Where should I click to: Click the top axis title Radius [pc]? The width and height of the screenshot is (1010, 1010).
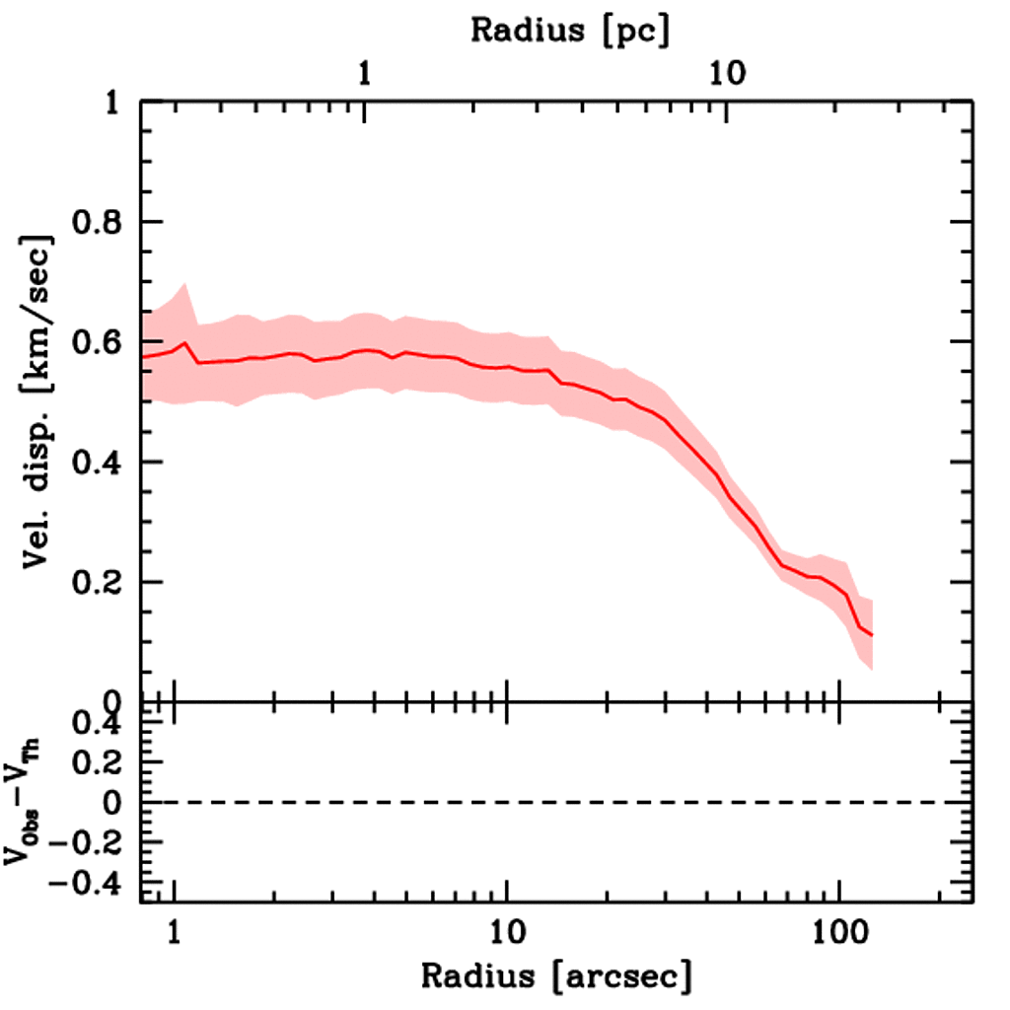(x=569, y=30)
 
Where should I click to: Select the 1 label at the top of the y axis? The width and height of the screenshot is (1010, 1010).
(x=115, y=103)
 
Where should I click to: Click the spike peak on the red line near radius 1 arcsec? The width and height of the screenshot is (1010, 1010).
(x=184, y=343)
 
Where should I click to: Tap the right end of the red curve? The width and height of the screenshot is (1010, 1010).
(x=873, y=635)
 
